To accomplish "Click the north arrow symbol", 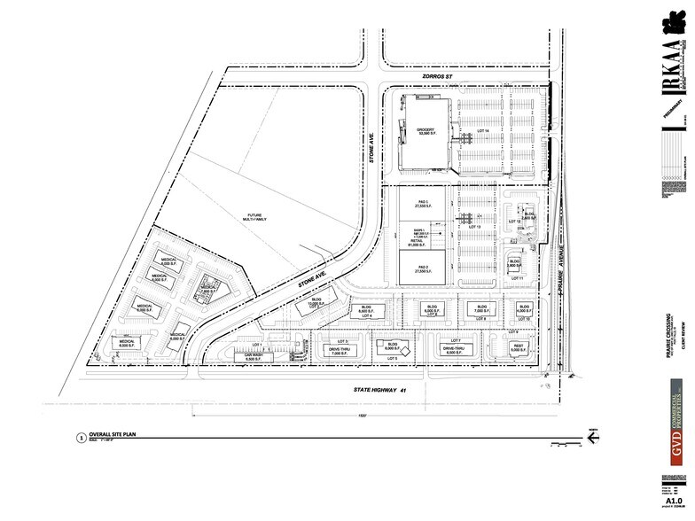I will [592, 433].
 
